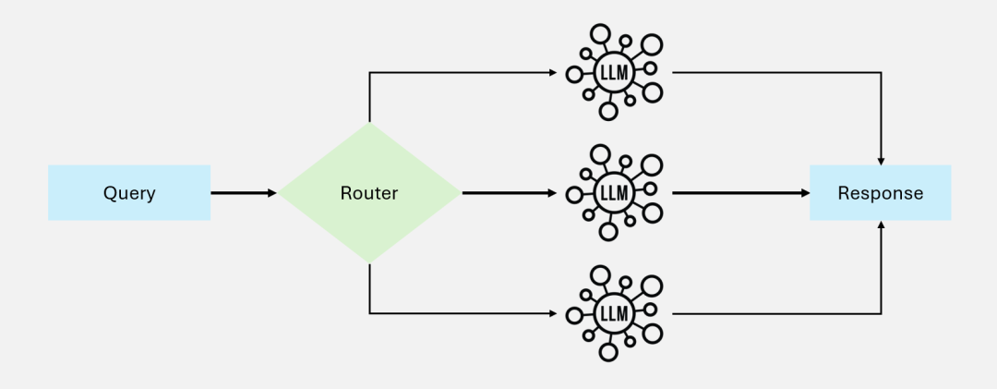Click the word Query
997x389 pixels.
129,193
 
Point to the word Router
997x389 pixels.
369,193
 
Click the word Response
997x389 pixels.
880,193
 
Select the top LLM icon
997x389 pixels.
614,73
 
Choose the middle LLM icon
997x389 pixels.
614,193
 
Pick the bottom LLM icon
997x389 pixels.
614,313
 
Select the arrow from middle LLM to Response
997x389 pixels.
739,193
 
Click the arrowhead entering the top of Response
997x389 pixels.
883,161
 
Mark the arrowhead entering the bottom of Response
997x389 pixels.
883,225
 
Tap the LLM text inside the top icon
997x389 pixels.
614,73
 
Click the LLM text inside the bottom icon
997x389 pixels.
614,313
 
